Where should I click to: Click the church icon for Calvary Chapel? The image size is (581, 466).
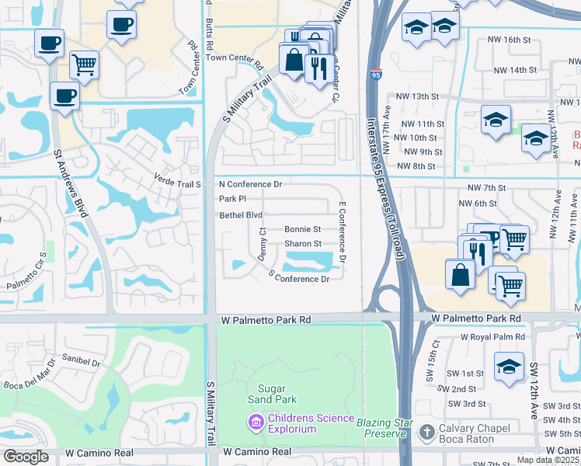pyautogui.click(x=426, y=432)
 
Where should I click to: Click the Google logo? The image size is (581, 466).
pyautogui.click(x=26, y=457)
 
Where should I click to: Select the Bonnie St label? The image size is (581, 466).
pyautogui.click(x=303, y=230)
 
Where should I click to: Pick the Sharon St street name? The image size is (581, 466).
pyautogui.click(x=303, y=244)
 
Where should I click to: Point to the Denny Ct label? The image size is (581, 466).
pyautogui.click(x=263, y=244)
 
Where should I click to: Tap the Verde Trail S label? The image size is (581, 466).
pyautogui.click(x=178, y=184)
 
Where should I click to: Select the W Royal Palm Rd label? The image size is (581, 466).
pyautogui.click(x=492, y=337)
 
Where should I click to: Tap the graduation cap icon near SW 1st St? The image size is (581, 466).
pyautogui.click(x=509, y=366)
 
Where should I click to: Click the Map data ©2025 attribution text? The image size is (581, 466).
pyautogui.click(x=548, y=460)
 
